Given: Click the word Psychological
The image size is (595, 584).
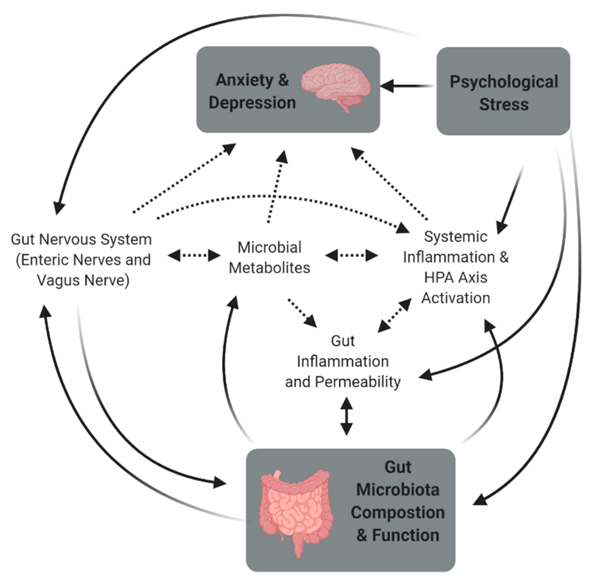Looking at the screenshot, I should pyautogui.click(x=504, y=82).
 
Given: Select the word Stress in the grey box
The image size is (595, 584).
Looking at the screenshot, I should pyautogui.click(x=504, y=104).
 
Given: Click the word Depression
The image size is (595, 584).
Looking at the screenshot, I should pyautogui.click(x=252, y=102).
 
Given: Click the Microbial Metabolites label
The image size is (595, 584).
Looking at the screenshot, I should pyautogui.click(x=269, y=257).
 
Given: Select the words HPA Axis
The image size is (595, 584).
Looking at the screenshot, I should pyautogui.click(x=456, y=277).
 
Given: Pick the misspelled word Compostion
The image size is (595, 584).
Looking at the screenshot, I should pyautogui.click(x=397, y=512).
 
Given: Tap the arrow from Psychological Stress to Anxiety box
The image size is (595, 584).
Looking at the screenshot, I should pyautogui.click(x=406, y=86).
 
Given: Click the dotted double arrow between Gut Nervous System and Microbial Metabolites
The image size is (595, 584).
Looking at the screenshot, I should pyautogui.click(x=194, y=255).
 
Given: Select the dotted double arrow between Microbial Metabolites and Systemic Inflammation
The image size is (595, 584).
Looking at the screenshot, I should pyautogui.click(x=351, y=255).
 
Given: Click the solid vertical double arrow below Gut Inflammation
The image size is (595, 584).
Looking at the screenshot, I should pyautogui.click(x=347, y=416).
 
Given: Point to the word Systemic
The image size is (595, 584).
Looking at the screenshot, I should pyautogui.click(x=456, y=237).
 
